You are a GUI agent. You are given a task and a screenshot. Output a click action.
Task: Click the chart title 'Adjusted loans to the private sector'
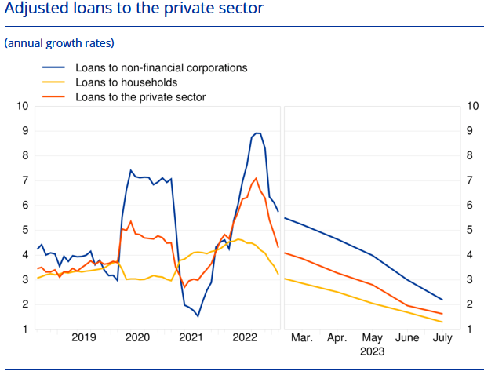[134, 11]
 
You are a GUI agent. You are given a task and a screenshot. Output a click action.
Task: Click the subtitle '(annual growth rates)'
[60, 42]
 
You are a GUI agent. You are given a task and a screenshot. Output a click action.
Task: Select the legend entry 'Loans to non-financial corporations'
[161, 67]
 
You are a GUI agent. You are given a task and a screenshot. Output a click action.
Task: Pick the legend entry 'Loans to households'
[126, 82]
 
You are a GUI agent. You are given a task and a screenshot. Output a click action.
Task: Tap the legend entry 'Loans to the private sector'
[140, 97]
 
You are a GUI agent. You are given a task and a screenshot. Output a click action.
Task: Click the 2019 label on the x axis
[84, 337]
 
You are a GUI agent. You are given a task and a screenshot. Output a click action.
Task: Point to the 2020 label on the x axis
[137, 337]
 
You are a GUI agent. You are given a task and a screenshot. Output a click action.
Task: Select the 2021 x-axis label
[191, 337]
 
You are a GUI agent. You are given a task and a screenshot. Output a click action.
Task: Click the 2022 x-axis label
[245, 337]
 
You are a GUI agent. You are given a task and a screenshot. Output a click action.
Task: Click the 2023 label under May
[372, 351]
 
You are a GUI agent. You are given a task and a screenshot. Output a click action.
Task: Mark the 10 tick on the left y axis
[23, 106]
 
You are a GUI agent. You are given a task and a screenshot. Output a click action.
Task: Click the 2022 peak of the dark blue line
[257, 133]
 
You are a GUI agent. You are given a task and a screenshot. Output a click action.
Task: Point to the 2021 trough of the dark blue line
[198, 316]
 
